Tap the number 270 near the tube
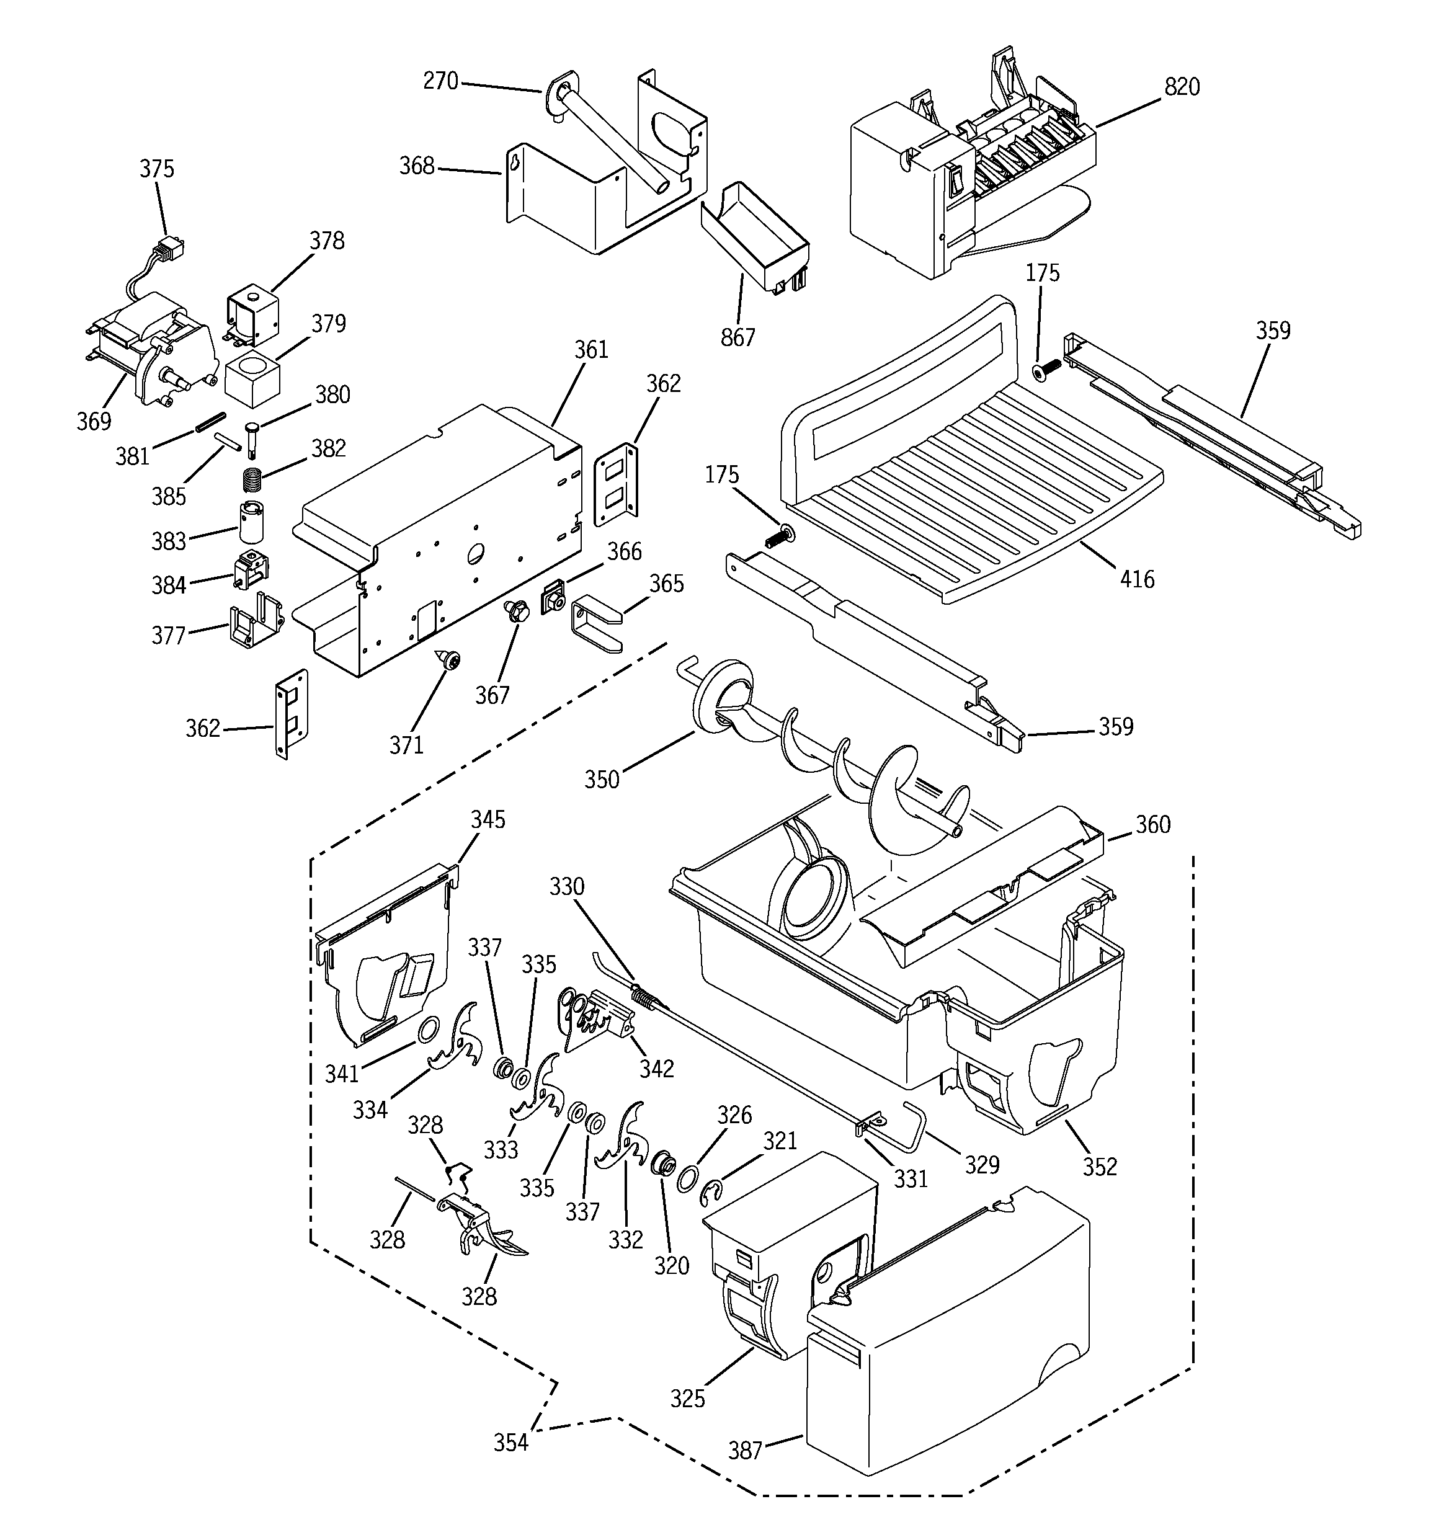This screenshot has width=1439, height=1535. click(440, 81)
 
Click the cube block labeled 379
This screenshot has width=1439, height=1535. click(252, 380)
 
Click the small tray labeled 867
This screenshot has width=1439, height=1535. click(755, 236)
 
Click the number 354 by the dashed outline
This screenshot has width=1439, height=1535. click(510, 1441)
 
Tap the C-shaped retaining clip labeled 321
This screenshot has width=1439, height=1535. click(711, 1193)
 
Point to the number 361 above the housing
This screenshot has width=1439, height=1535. click(591, 350)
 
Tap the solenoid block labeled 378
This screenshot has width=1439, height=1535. click(249, 316)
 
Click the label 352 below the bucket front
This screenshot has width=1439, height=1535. click(1099, 1166)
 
